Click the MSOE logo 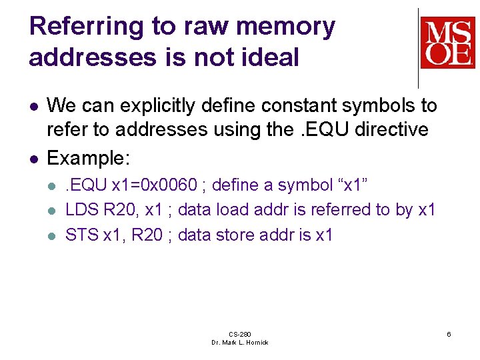click(x=447, y=43)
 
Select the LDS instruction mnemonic click(x=81, y=210)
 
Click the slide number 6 click(x=449, y=333)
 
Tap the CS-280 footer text click(x=239, y=333)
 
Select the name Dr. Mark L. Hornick click(x=239, y=342)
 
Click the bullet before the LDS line click(x=53, y=211)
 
